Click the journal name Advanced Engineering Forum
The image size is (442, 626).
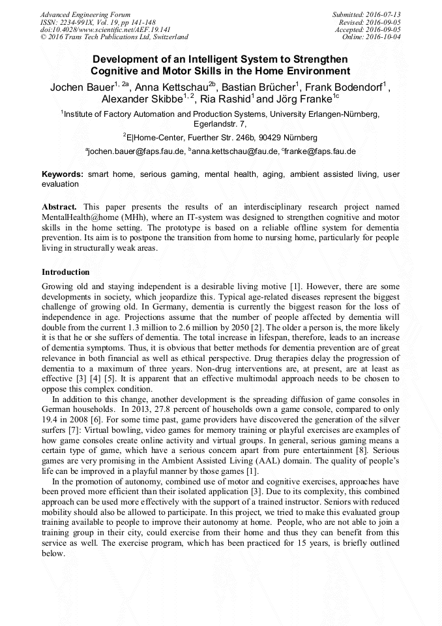point(85,14)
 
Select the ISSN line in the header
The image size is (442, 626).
point(97,22)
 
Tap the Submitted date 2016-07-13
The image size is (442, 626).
point(367,14)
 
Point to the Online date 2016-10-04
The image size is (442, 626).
point(371,37)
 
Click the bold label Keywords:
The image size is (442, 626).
point(63,175)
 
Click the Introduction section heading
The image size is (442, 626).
point(66,272)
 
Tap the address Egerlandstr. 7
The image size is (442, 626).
point(220,123)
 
